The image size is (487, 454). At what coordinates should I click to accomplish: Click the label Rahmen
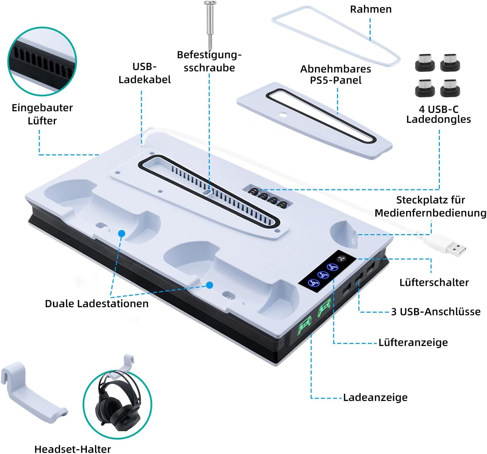pyautogui.click(x=371, y=9)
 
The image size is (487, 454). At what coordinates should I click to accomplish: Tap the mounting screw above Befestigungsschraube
pyautogui.click(x=210, y=24)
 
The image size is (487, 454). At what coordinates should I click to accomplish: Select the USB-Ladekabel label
pyautogui.click(x=145, y=73)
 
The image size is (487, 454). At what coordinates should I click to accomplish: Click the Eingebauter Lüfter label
pyautogui.click(x=42, y=114)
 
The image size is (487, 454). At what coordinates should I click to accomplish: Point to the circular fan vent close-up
pyautogui.click(x=42, y=62)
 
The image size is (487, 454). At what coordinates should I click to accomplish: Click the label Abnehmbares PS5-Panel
pyautogui.click(x=335, y=74)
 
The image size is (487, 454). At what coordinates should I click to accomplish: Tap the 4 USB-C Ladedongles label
pyautogui.click(x=438, y=114)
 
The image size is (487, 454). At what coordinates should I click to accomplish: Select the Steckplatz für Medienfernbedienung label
pyautogui.click(x=430, y=206)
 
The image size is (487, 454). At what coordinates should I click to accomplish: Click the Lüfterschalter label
pyautogui.click(x=434, y=282)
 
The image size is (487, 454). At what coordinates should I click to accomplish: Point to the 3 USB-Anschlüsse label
pyautogui.click(x=435, y=312)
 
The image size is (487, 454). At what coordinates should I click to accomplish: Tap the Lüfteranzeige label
pyautogui.click(x=413, y=342)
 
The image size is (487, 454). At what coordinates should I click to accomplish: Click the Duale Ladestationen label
pyautogui.click(x=97, y=304)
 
